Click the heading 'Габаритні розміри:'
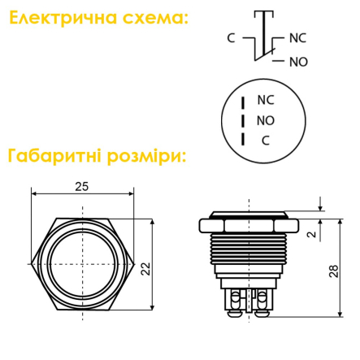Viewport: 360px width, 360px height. (x=96, y=154)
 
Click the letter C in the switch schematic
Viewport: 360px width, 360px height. (x=231, y=37)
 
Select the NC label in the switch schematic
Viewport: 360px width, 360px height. (x=298, y=37)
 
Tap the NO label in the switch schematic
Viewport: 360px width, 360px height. (x=298, y=61)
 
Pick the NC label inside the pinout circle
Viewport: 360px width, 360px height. (x=266, y=100)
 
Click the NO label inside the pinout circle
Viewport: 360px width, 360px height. (x=266, y=120)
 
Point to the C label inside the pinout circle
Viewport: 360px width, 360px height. (x=265, y=141)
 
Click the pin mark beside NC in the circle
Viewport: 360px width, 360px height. (x=243, y=102)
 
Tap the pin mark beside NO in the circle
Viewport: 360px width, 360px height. (x=243, y=121)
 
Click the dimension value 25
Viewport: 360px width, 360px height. (x=81, y=186)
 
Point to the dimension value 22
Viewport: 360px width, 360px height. (x=145, y=268)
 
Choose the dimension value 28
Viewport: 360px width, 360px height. (x=334, y=271)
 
